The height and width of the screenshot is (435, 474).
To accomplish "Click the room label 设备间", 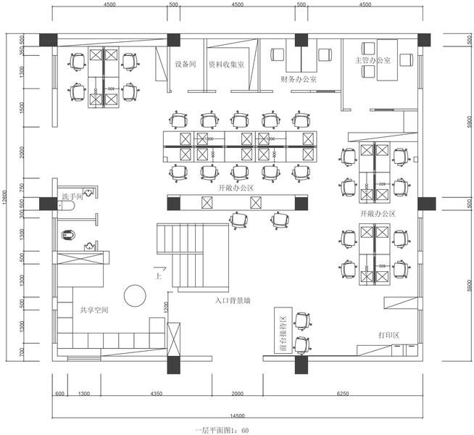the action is pyautogui.click(x=186, y=64).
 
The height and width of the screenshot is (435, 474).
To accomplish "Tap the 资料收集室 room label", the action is pyautogui.click(x=225, y=64).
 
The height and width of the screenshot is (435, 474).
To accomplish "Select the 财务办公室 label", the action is pyautogui.click(x=298, y=78).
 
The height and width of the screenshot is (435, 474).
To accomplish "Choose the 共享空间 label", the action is pyautogui.click(x=94, y=310).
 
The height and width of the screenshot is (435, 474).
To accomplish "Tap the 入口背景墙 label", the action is pyautogui.click(x=233, y=299).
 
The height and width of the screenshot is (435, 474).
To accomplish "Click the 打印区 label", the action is pyautogui.click(x=388, y=335).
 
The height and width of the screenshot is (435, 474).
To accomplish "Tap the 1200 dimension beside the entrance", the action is pyautogui.click(x=166, y=310).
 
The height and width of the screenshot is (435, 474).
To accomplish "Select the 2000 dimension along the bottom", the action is pyautogui.click(x=237, y=394).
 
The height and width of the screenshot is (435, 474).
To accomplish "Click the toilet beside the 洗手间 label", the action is pyautogui.click(x=65, y=207).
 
